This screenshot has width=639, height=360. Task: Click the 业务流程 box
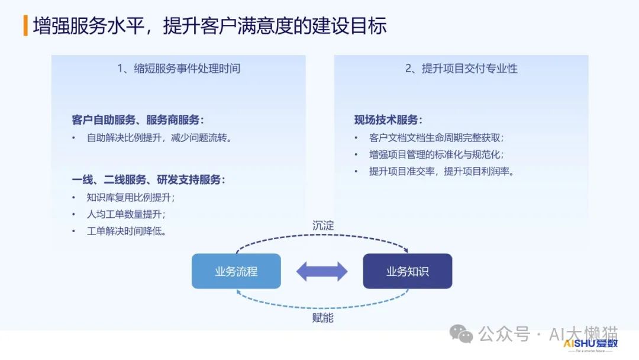tap(236, 272)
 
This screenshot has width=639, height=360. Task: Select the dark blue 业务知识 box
tap(408, 272)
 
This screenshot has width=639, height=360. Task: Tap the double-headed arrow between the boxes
tap(322, 272)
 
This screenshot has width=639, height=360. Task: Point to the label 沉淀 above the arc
tap(323, 226)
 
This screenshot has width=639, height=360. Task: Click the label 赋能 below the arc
tap(323, 318)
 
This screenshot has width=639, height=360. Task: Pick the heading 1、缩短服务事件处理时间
tap(179, 69)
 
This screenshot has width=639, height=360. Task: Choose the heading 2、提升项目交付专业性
tap(461, 69)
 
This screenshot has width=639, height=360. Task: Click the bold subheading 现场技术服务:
tap(388, 120)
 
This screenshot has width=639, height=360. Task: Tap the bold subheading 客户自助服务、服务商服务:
tap(137, 120)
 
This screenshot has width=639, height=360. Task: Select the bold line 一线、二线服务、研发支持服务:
tap(149, 180)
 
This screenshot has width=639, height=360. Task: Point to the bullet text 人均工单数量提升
tap(126, 214)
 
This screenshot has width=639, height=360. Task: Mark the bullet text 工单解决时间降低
tap(126, 231)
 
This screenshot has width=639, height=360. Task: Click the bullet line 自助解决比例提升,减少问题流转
tap(159, 138)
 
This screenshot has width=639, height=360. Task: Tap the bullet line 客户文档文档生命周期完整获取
tap(437, 138)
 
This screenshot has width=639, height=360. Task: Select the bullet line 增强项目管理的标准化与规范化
tap(437, 155)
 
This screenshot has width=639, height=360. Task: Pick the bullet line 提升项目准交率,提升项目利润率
tap(441, 171)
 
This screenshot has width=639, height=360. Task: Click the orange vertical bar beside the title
tap(25, 26)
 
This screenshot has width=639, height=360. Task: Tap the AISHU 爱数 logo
tap(590, 344)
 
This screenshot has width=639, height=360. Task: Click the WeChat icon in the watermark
tap(461, 335)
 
